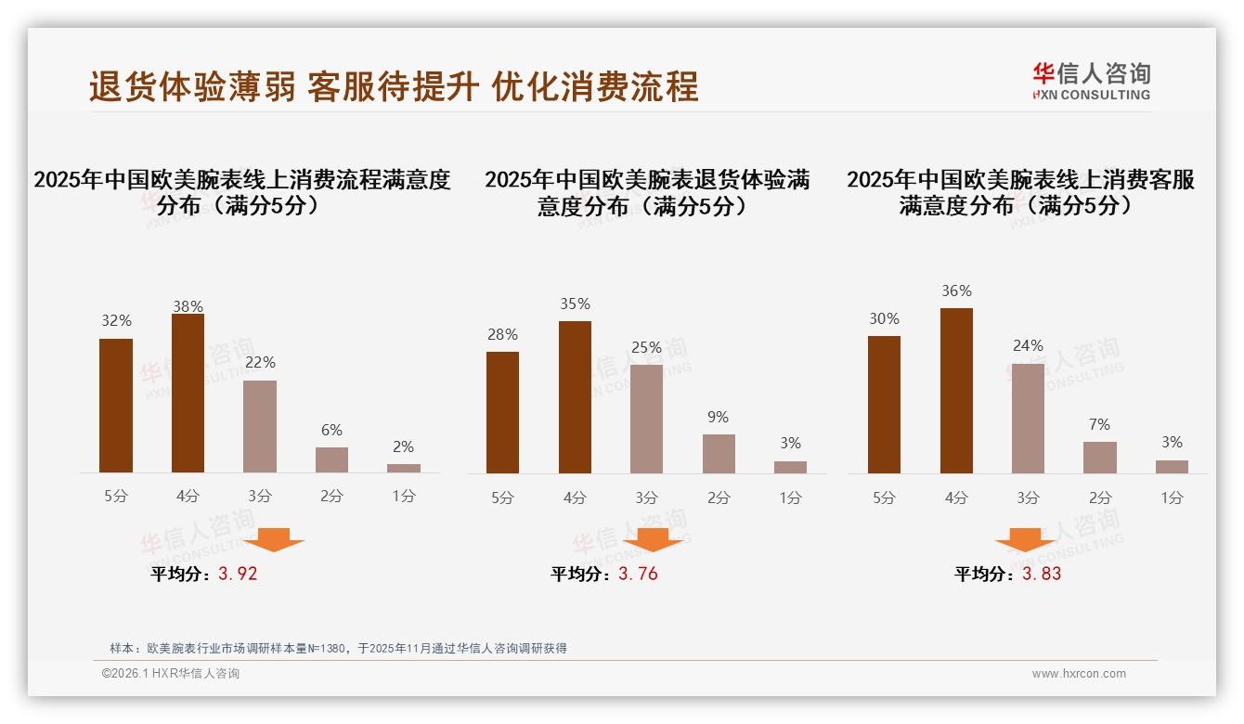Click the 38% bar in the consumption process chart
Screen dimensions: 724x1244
188,394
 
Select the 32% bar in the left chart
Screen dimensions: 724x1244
116,406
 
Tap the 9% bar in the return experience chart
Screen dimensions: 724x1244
719,454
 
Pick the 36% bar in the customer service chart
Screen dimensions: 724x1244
956,391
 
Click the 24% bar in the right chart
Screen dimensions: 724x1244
1028,419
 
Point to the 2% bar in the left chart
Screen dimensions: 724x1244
404,468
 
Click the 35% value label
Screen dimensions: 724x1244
575,304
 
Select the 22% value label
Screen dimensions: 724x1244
260,363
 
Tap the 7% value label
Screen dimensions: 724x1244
1099,425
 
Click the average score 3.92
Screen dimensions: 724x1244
238,574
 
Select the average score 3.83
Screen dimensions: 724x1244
1042,574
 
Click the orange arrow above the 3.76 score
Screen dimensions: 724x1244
653,539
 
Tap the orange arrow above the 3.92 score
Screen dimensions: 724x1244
274,539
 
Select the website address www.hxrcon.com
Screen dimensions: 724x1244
1079,674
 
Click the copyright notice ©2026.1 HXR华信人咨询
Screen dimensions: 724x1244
171,674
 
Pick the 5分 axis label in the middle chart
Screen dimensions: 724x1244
502,498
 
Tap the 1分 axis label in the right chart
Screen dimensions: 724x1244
1172,498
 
